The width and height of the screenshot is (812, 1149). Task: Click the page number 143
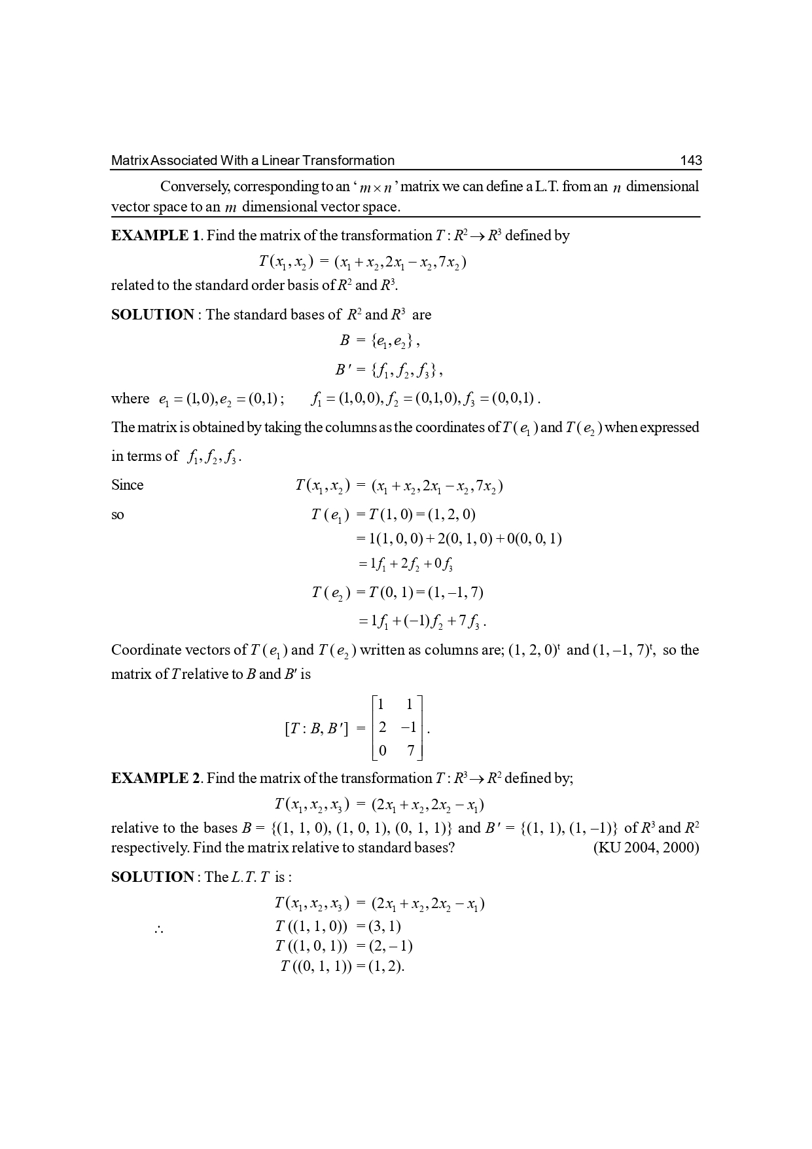point(690,160)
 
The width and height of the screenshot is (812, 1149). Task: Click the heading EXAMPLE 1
point(156,236)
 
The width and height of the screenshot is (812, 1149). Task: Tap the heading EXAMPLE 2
point(156,778)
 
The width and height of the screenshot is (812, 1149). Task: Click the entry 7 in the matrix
point(410,750)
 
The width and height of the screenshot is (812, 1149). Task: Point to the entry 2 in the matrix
point(382,727)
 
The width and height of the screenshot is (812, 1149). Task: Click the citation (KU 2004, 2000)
point(646,848)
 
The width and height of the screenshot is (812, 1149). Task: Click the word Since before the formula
point(127,485)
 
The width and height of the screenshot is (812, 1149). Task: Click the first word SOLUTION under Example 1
point(152,315)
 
